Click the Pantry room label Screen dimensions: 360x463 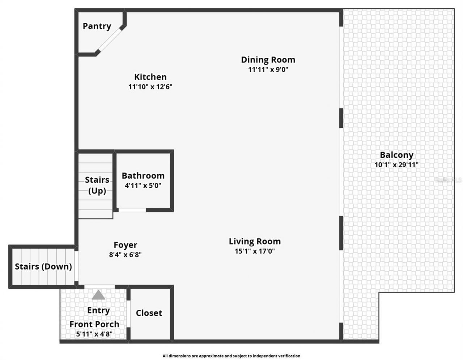97,26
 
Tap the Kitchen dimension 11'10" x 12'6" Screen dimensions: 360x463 150,87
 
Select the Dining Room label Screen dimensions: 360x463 268,60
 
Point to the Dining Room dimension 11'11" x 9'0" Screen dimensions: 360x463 268,69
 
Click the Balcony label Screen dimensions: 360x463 396,155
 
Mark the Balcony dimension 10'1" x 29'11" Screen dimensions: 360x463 396,165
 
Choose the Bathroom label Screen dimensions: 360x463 143,176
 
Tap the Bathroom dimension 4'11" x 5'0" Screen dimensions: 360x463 143,186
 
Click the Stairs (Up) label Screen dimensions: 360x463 97,185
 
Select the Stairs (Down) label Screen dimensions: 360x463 43,267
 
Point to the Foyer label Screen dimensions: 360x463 125,245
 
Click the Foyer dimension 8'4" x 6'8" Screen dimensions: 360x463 125,255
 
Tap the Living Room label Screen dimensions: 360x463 255,241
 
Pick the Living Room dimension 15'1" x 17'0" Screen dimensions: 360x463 255,251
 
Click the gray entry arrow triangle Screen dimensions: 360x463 98,295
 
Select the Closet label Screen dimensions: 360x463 149,313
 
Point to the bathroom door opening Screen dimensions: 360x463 132,210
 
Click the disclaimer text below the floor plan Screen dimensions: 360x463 231,356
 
